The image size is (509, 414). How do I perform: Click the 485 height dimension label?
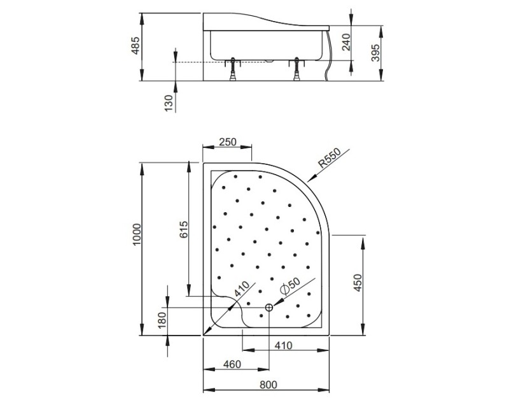coord(136,45)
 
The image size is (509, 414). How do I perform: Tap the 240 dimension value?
coord(346,42)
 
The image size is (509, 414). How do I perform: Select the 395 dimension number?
coord(375,53)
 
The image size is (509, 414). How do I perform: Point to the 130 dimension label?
coord(169,103)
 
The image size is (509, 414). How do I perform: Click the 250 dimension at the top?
coord(228,142)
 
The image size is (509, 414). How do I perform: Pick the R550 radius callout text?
coord(329,157)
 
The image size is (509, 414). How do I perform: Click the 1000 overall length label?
coord(137,234)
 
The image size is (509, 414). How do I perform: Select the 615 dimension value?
coord(184,229)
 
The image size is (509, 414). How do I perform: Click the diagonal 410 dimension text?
coord(242,289)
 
